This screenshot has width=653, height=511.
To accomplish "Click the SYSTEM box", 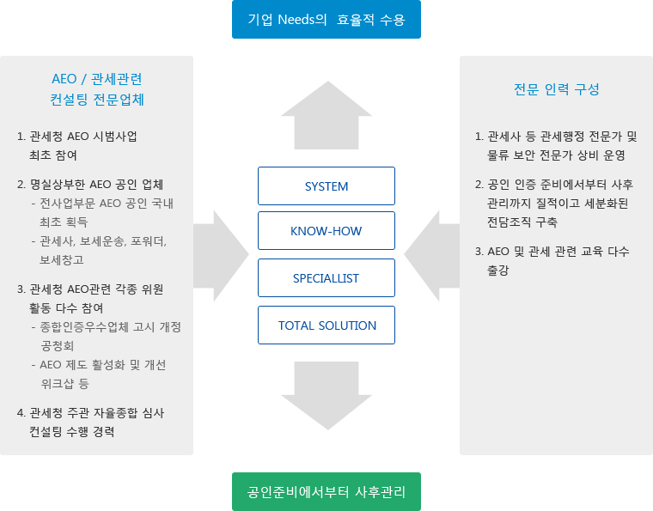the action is tap(326, 186).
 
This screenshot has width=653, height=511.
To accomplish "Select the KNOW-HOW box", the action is tap(326, 230).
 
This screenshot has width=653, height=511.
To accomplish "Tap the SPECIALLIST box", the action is tap(326, 278).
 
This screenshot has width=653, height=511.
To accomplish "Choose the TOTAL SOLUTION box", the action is tap(326, 325).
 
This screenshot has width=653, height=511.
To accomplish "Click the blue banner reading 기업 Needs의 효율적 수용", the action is tap(326, 19).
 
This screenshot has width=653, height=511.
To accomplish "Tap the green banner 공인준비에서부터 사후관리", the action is tap(326, 491).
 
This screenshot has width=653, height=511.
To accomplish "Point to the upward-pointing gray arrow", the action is tap(326, 115).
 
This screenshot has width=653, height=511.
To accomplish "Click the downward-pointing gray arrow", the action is tap(326, 396).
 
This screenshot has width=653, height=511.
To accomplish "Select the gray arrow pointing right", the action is tap(221, 256).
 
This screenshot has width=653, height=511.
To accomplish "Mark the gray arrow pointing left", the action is tap(432, 256).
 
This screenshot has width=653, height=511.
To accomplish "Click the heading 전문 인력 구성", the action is tap(557, 89).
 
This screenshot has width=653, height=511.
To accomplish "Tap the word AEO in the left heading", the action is tap(64, 79).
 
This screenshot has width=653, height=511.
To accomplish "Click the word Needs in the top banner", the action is tap(302, 20).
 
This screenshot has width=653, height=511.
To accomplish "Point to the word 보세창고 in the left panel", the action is tap(62, 260).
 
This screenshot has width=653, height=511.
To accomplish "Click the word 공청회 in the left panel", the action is tap(58, 346).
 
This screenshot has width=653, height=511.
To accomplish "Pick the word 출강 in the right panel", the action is tap(498, 270).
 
